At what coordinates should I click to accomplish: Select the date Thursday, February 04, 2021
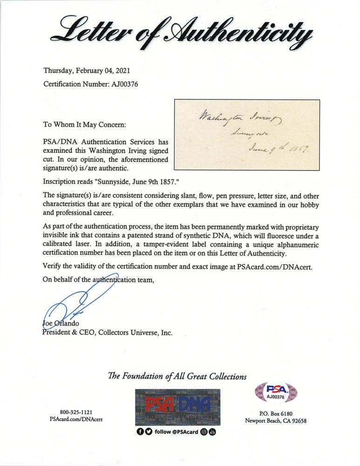[87, 71]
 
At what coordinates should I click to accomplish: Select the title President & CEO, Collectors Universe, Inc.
[108, 333]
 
